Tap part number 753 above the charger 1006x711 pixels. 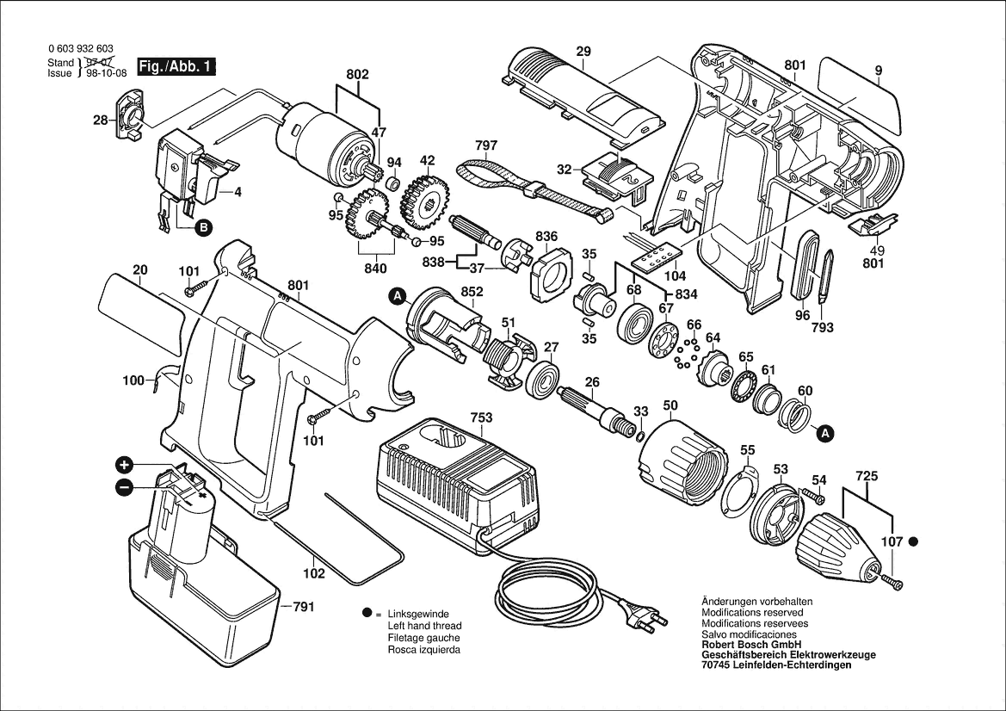pos(481,418)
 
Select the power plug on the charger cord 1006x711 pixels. pos(647,617)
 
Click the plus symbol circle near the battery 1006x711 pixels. pos(125,466)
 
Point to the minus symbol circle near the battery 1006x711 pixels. pos(125,487)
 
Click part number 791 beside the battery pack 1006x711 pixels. pos(303,608)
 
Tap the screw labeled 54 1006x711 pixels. pos(813,495)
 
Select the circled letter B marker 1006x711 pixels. pos(203,228)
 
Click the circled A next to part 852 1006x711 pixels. pos(398,297)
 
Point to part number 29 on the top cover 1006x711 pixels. pos(583,53)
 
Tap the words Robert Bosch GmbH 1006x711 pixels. pos(750,645)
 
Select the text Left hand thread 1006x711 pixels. pos(424,626)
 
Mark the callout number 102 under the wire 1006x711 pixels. pos(314,574)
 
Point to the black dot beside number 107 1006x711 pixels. pos(913,541)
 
